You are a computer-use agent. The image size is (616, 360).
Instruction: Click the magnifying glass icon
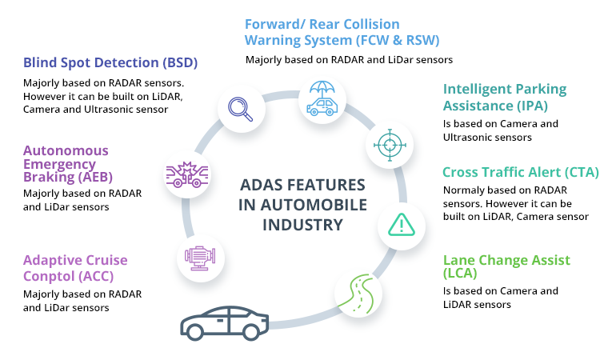240,108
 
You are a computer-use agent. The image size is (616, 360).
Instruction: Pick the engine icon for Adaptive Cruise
198,258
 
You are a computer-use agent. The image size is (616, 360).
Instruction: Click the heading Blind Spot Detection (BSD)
110,62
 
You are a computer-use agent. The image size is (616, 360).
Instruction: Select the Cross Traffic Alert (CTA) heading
520,172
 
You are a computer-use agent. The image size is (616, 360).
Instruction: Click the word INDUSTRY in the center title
302,225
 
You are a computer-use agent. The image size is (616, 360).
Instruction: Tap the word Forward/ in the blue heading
274,24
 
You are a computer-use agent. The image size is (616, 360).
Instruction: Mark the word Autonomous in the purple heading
66,150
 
